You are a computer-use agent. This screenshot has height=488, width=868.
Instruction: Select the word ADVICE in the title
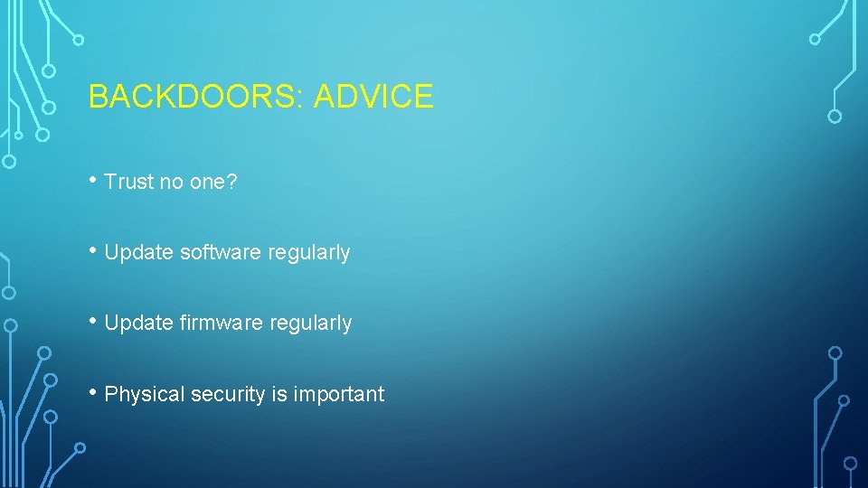pyautogui.click(x=374, y=96)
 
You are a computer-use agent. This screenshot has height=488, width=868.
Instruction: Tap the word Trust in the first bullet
pyautogui.click(x=129, y=182)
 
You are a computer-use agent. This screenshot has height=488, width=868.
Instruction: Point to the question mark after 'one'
pyautogui.click(x=232, y=182)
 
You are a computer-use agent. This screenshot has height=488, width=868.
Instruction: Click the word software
pyautogui.click(x=222, y=253)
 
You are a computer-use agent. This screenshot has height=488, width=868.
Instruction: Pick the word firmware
pyautogui.click(x=222, y=324)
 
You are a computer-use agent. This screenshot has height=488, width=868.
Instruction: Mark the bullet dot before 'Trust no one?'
pyautogui.click(x=93, y=180)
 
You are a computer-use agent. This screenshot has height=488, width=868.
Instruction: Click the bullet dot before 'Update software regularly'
pyautogui.click(x=93, y=250)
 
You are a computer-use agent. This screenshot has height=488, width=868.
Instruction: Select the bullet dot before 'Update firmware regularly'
pyautogui.click(x=93, y=321)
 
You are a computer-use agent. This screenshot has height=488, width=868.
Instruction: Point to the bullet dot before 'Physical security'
pyautogui.click(x=93, y=391)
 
